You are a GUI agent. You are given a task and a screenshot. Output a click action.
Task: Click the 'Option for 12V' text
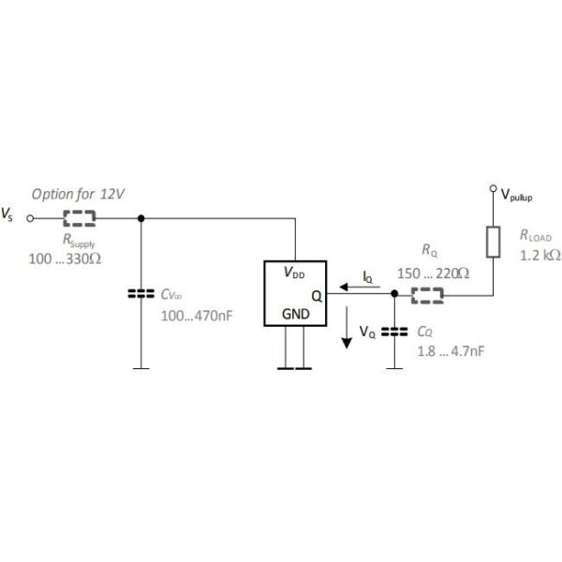tap(79, 195)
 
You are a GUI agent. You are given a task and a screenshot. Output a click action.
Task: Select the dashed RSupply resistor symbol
tap(81, 218)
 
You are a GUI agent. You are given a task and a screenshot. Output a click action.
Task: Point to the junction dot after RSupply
tap(141, 218)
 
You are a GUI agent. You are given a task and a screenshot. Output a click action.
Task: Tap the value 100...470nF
tap(196, 316)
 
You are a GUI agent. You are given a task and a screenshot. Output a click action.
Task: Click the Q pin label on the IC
tap(318, 294)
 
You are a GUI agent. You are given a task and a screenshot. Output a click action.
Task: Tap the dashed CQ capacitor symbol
tap(395, 330)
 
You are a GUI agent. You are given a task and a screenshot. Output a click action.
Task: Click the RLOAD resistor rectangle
tap(493, 242)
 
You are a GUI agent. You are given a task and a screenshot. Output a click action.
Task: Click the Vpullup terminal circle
tap(493, 190)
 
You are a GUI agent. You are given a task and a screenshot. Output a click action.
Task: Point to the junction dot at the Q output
tap(395, 294)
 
